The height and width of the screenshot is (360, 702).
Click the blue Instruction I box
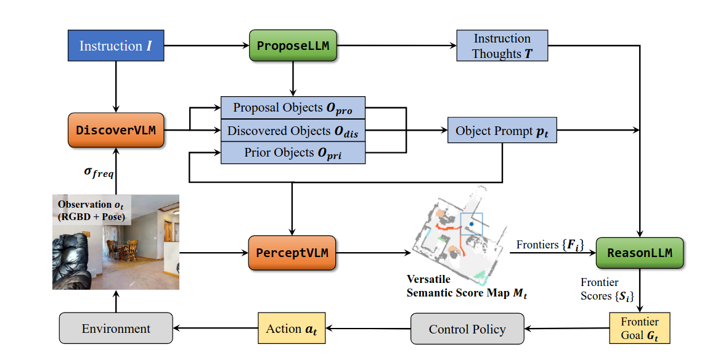point(116,46)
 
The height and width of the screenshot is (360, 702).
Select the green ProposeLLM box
point(293,46)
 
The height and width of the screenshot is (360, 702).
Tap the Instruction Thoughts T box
point(502,46)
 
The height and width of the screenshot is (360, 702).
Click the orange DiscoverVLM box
point(116,130)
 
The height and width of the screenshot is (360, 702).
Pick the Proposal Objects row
point(293,107)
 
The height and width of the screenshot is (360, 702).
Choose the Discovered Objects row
point(293,130)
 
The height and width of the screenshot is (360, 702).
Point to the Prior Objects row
point(293,153)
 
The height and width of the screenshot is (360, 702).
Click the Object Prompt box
point(502,131)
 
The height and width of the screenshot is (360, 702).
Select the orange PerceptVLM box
point(293,253)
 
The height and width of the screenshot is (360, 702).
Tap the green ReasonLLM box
point(640,253)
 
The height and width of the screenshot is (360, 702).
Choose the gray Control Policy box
point(467,329)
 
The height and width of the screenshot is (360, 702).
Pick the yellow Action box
point(291,329)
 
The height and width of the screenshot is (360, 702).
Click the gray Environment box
point(116,329)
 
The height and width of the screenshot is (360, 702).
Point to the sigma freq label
point(99,173)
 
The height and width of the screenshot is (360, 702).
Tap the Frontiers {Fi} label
point(550,245)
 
